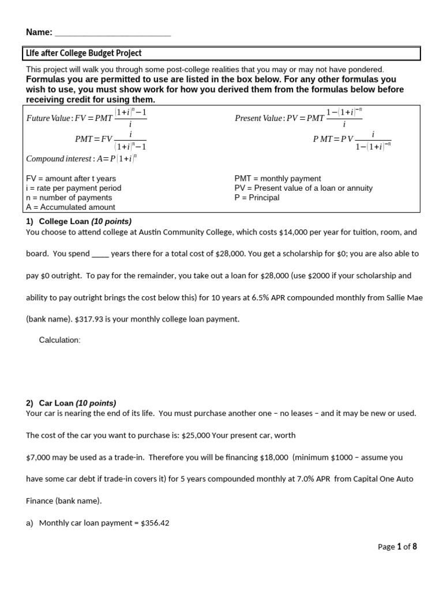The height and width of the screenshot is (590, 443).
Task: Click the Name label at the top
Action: click(x=39, y=32)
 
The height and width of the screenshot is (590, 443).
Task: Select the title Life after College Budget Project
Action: click(x=84, y=54)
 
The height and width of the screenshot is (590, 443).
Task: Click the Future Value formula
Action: click(x=87, y=118)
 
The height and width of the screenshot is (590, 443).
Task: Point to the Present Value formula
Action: click(x=299, y=118)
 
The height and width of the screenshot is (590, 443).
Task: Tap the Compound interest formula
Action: click(x=81, y=158)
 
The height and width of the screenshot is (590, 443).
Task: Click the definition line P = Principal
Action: click(x=257, y=198)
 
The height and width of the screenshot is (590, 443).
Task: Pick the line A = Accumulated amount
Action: click(x=70, y=207)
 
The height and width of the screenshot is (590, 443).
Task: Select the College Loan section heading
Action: click(x=78, y=221)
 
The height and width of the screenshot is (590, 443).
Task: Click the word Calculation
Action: click(x=59, y=340)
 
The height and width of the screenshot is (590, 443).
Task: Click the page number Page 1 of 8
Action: click(x=397, y=547)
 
